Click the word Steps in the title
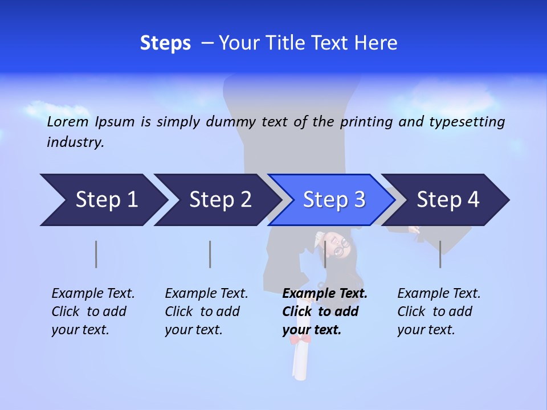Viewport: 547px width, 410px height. [x=165, y=43]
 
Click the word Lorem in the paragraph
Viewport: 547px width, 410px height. [x=67, y=121]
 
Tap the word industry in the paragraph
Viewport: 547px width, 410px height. [x=75, y=142]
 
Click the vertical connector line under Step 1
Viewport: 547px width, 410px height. [x=96, y=254]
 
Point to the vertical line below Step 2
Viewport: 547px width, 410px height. [x=210, y=254]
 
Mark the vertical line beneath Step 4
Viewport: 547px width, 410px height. [x=440, y=254]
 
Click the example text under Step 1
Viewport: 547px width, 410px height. [x=93, y=311]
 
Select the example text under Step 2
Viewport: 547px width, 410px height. [x=206, y=311]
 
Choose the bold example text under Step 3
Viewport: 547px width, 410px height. [x=324, y=311]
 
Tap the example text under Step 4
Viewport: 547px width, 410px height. [x=439, y=311]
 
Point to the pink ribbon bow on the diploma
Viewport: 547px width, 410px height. [x=301, y=340]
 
